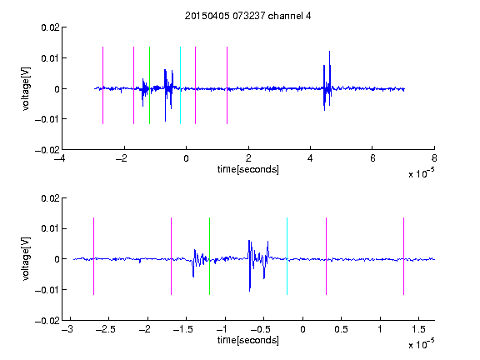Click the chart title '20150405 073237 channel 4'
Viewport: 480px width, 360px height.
(248, 16)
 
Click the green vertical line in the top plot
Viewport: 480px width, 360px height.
(149, 85)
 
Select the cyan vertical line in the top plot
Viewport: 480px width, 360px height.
(180, 85)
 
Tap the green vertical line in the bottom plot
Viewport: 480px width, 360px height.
(209, 256)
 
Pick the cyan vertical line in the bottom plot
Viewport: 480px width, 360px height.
(287, 256)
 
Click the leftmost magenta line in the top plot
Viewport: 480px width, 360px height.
(102, 85)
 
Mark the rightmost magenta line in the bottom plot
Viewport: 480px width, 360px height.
(403, 256)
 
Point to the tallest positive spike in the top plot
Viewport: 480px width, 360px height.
(329, 52)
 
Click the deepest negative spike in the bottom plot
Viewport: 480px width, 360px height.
(250, 291)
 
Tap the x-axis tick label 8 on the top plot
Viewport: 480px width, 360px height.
(434, 158)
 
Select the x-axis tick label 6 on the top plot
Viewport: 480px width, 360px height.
(372, 158)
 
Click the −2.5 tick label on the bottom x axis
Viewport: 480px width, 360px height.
(106, 329)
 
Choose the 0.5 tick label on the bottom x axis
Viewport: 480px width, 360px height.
(341, 329)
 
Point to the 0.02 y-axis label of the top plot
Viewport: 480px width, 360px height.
(50, 27)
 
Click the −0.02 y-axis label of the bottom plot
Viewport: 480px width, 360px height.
(47, 321)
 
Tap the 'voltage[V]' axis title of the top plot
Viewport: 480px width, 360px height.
(26, 89)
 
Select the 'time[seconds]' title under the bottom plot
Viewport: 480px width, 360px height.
(248, 340)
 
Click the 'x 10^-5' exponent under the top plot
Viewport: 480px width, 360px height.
(421, 173)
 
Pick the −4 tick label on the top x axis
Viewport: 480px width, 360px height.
(60, 158)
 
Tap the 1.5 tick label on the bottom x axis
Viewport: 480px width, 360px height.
(418, 329)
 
